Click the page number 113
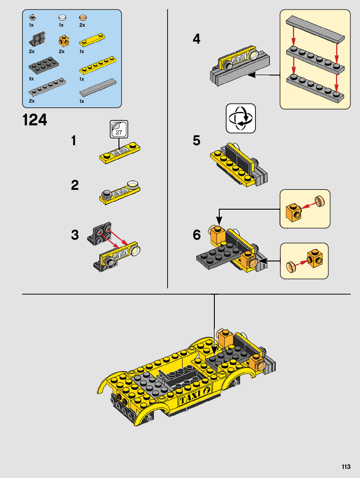(346, 467)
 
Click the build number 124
(35, 119)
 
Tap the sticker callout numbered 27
(119, 129)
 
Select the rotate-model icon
(241, 118)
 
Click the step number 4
(196, 39)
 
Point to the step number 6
(197, 235)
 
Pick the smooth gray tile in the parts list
(98, 87)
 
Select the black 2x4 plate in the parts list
(44, 65)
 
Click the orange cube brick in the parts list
(64, 41)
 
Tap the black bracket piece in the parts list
(37, 39)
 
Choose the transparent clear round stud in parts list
(62, 18)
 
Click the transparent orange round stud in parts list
(83, 18)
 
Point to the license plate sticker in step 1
(120, 151)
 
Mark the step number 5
(196, 140)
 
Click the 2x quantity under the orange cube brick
(62, 51)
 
